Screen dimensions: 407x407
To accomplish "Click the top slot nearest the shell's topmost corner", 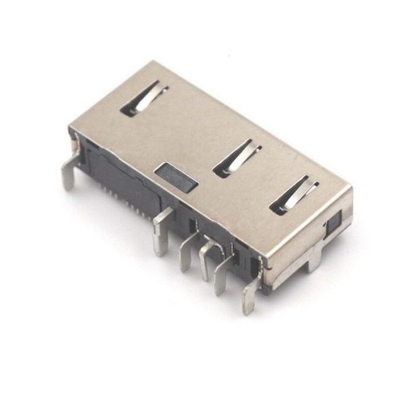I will (x=144, y=99).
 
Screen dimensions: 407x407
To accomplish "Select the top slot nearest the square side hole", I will (x=294, y=196).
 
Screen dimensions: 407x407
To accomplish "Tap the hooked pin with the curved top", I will (x=208, y=256).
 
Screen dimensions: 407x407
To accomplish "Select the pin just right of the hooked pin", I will (x=222, y=273).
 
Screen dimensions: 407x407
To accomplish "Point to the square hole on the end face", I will (x=334, y=219).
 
